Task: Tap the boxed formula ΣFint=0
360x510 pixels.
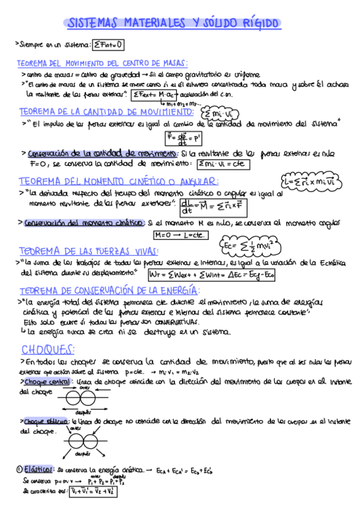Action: coord(108,44)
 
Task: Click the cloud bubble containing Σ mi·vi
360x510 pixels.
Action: coord(219,114)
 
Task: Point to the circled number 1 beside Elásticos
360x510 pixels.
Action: coord(19,469)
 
